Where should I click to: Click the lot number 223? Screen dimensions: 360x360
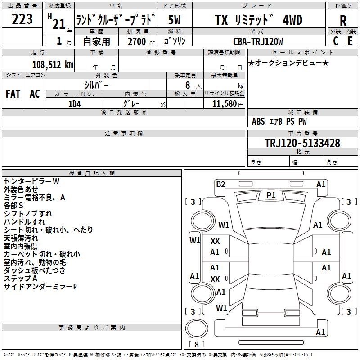(x=22, y=19)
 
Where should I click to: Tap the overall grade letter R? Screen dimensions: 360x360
(x=343, y=21)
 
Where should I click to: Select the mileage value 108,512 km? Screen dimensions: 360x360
(x=53, y=65)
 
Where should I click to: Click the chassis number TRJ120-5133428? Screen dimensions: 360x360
(x=302, y=143)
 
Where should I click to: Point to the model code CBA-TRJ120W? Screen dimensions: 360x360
(x=258, y=41)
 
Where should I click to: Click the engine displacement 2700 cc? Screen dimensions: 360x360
(x=141, y=41)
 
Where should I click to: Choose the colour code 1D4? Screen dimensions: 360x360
(x=75, y=104)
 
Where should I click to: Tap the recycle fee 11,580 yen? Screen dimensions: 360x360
(x=228, y=104)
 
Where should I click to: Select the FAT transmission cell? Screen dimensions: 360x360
(x=13, y=94)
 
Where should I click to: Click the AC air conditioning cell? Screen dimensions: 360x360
(x=35, y=94)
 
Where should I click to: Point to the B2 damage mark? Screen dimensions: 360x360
(x=220, y=184)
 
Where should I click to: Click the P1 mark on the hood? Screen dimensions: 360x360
(x=271, y=195)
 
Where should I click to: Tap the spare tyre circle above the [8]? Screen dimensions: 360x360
(x=197, y=328)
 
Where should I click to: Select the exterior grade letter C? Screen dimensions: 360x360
(x=336, y=41)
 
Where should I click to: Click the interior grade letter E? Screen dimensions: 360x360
(x=350, y=41)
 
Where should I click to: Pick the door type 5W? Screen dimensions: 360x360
(x=174, y=20)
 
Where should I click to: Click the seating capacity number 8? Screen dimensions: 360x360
(x=188, y=85)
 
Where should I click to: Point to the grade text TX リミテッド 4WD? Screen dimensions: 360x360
(x=258, y=20)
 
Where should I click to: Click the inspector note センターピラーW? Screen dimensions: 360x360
(x=31, y=181)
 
